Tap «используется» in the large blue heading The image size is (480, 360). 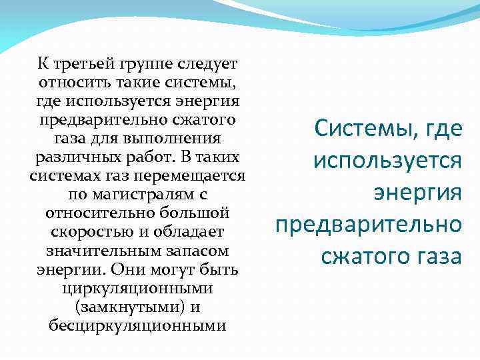coord(387,160)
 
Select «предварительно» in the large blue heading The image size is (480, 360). coord(368,224)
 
